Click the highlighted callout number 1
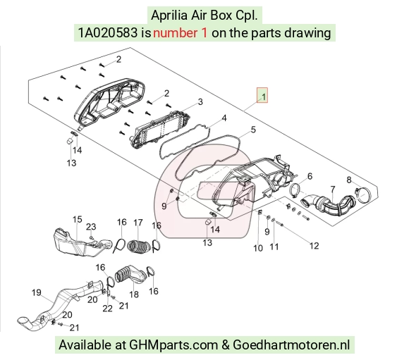pyautogui.click(x=264, y=97)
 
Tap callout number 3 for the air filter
pyautogui.click(x=200, y=101)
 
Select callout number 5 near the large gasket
pyautogui.click(x=253, y=130)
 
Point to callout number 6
pyautogui.click(x=310, y=176)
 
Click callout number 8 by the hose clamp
pyautogui.click(x=349, y=180)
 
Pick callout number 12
pyautogui.click(x=315, y=246)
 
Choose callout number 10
pyautogui.click(x=258, y=248)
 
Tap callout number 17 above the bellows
pyautogui.click(x=138, y=223)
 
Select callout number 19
pyautogui.click(x=37, y=292)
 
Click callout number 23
pyautogui.click(x=91, y=227)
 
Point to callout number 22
pyautogui.click(x=107, y=309)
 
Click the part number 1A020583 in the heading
pyautogui.click(x=108, y=33)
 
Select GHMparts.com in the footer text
pyautogui.click(x=173, y=345)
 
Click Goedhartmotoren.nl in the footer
pyautogui.click(x=291, y=345)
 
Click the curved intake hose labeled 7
pyautogui.click(x=327, y=204)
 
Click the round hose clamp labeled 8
pyautogui.click(x=363, y=195)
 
